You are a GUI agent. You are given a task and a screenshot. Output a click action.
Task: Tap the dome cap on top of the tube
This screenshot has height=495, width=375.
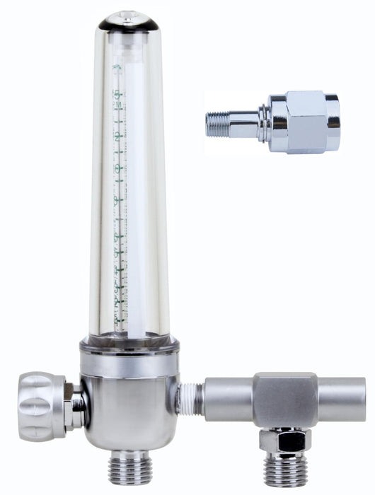click(x=129, y=21)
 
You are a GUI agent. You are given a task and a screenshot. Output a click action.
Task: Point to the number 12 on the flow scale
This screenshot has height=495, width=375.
click(x=118, y=138)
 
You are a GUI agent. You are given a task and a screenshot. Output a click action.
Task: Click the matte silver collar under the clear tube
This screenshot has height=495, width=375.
click(x=129, y=361)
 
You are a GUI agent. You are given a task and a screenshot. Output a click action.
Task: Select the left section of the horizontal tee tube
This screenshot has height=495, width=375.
click(x=228, y=400)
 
